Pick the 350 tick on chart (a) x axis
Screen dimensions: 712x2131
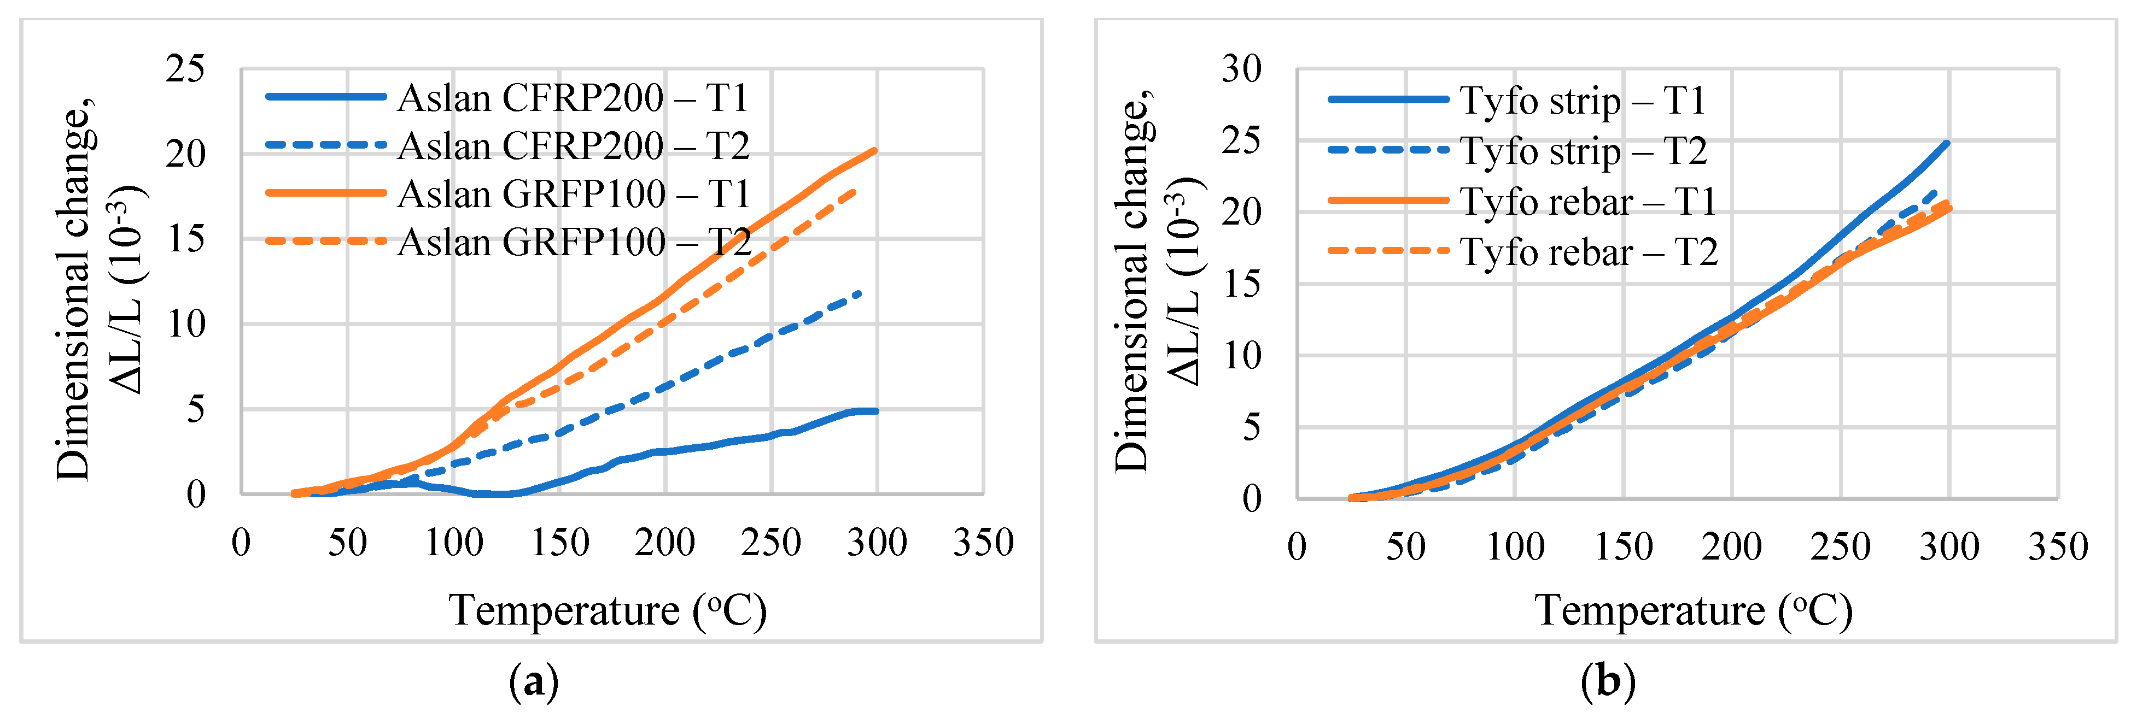[983, 543]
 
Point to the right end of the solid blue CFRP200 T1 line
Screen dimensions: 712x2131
[876, 411]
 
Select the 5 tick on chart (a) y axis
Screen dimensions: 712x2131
[195, 409]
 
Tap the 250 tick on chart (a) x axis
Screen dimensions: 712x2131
[770, 543]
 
